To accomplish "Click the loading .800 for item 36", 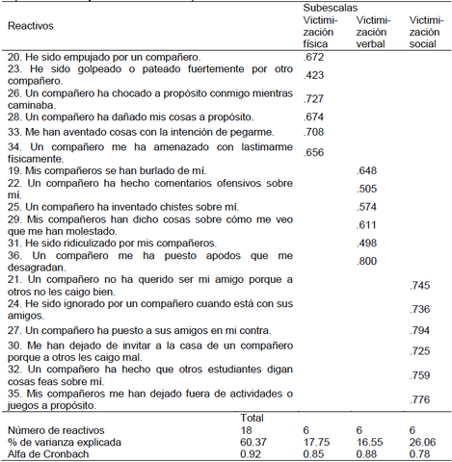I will point(367,260).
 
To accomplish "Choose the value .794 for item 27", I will point(421,329).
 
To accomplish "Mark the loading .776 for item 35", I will point(421,398).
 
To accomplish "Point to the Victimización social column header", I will point(425,32).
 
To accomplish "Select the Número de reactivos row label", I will point(54,428).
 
